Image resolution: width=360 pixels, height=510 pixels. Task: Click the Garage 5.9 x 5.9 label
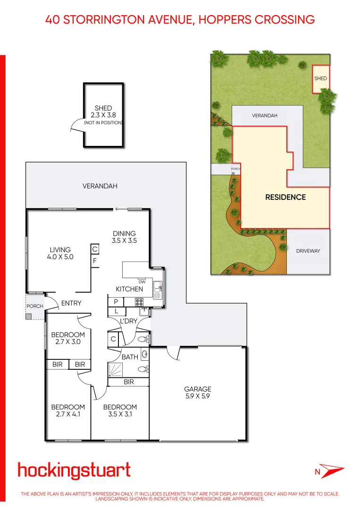pyautogui.click(x=198, y=393)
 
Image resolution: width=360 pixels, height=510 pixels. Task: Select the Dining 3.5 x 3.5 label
pyautogui.click(x=124, y=237)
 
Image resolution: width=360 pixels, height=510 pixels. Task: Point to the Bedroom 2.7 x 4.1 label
pyautogui.click(x=68, y=411)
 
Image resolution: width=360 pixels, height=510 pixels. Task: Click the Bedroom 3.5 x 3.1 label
pyautogui.click(x=120, y=411)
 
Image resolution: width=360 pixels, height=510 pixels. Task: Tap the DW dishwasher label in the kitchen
pyautogui.click(x=142, y=282)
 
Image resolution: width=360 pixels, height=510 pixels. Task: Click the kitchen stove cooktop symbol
pyautogui.click(x=139, y=301)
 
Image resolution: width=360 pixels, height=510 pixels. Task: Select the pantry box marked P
pyautogui.click(x=116, y=301)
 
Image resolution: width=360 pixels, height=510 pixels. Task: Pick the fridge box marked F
pyautogui.click(x=95, y=260)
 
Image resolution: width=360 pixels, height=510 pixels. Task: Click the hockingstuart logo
pyautogui.click(x=74, y=470)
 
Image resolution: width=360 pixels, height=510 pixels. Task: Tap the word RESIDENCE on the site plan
pyautogui.click(x=285, y=197)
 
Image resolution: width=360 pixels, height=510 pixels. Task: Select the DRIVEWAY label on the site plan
pyautogui.click(x=308, y=251)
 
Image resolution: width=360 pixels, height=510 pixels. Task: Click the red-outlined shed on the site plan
pyautogui.click(x=321, y=78)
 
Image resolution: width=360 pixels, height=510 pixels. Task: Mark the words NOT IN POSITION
pyautogui.click(x=103, y=123)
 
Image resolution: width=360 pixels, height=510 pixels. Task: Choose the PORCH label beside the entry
pyautogui.click(x=35, y=306)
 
